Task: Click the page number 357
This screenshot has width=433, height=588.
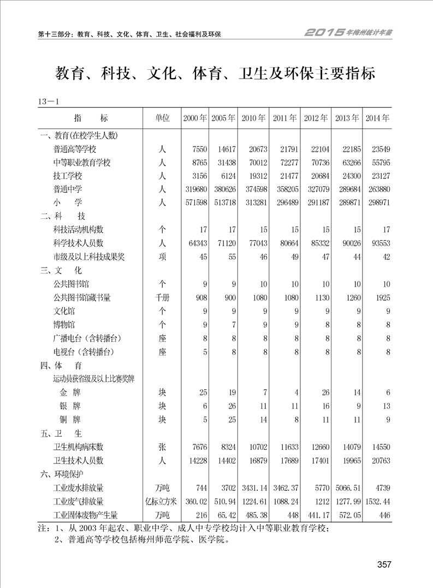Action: click(x=384, y=565)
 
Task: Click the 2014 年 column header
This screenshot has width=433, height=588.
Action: click(x=377, y=118)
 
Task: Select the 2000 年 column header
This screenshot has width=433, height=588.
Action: click(x=195, y=118)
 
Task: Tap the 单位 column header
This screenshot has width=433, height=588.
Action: click(x=162, y=118)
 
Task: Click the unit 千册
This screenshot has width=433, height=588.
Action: click(x=162, y=298)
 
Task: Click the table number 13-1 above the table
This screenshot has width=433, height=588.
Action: click(x=49, y=102)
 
